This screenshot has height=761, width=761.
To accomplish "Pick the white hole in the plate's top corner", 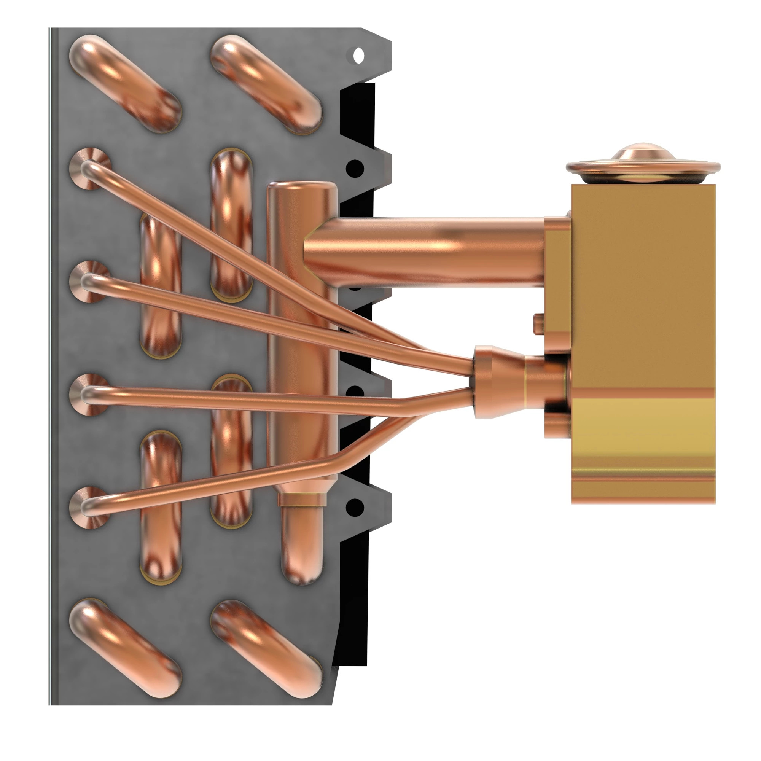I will coord(358,56).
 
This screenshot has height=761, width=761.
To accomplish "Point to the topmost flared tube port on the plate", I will coord(90,169).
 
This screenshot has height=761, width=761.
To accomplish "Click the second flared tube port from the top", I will coord(90,281).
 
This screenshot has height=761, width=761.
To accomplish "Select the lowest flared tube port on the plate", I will coord(90,507).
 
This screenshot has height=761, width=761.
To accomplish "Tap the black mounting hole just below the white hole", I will coord(355,168).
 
